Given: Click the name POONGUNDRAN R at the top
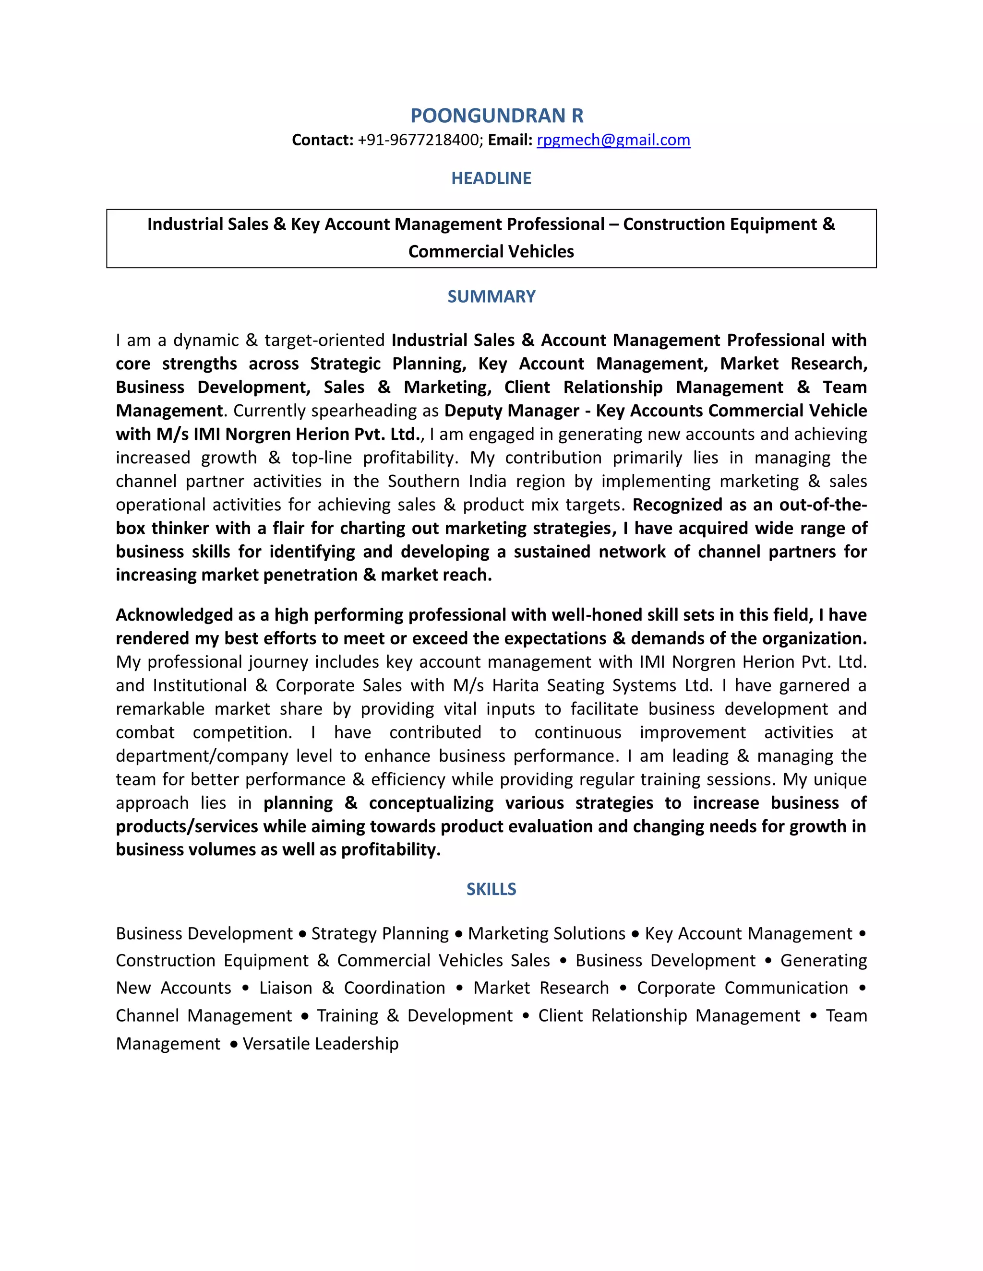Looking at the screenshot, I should (x=496, y=116).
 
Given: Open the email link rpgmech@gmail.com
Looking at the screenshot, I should (x=613, y=140).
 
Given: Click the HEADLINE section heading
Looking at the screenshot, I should (x=491, y=178).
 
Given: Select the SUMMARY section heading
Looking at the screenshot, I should (x=491, y=297).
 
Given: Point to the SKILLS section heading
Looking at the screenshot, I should (x=491, y=889).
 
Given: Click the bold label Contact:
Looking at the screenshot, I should (x=323, y=140).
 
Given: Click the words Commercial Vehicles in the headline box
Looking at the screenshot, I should (x=491, y=251).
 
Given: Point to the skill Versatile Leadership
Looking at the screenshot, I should (x=320, y=1044).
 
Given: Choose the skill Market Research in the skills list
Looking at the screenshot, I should (x=541, y=988).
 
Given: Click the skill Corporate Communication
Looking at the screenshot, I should (x=742, y=988).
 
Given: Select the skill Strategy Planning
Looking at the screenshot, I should (x=380, y=933).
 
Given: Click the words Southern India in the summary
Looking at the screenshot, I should (x=447, y=481).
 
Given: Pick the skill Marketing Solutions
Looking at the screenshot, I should (x=546, y=933).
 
